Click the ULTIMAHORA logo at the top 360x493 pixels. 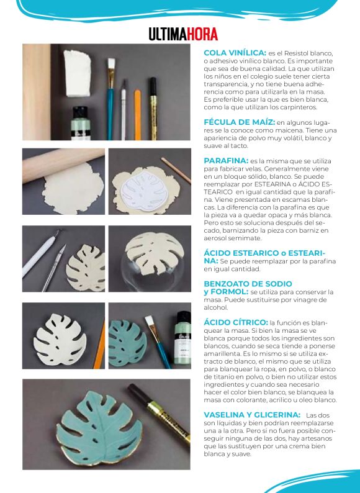183,34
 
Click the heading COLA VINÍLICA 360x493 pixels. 235,53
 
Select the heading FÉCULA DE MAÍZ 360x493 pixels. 239,122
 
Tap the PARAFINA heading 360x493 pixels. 226,161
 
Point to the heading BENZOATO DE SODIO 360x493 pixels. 248,284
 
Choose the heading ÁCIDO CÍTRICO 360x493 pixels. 236,322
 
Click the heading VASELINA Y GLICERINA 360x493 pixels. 252,415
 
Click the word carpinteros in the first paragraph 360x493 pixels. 298,107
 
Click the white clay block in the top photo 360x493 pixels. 78,73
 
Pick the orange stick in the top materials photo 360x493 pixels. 138,115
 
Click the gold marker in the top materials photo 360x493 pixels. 153,109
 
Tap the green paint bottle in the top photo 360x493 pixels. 81,123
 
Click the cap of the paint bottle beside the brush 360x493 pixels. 184,319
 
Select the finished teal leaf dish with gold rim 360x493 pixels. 99,428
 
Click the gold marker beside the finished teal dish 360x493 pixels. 158,414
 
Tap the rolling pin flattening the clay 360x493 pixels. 63,165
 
